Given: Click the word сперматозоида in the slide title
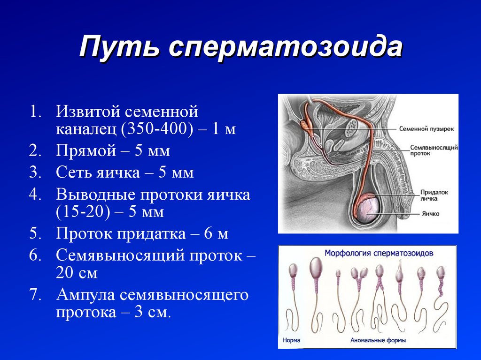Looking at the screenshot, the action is coord(286,47).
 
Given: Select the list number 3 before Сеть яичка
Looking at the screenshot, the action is coord(35,172).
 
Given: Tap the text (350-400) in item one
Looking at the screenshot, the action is coord(157,129).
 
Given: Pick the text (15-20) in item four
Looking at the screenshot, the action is coord(83,212).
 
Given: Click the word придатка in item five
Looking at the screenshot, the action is coord(151,234).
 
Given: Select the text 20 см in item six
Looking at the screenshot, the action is coord(77,273).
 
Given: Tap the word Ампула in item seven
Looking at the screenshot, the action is coord(86,295).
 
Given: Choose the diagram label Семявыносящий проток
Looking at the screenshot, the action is coord(434,150).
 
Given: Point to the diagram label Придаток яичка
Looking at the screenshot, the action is coord(434,195).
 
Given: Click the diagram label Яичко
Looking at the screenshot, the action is coord(430,214).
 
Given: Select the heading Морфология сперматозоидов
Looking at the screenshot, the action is coord(379,253).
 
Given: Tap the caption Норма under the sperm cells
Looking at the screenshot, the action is coord(291,340).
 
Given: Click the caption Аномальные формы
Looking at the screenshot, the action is coord(378,340).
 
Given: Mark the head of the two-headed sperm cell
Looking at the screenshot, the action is coord(359,272).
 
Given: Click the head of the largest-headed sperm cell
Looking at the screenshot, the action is coord(316,268).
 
